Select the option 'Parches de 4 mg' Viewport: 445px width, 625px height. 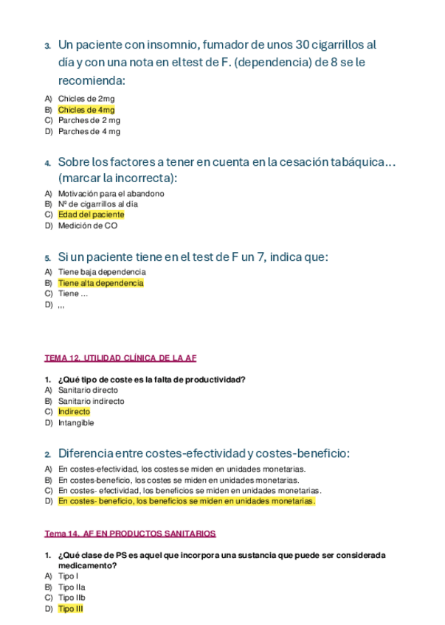pos(89,131)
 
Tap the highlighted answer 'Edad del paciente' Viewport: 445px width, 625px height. pos(91,214)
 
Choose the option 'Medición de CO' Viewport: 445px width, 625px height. pos(87,226)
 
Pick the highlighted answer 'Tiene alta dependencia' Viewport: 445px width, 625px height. pos(100,282)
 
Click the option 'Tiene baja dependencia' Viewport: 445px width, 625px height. pos(101,271)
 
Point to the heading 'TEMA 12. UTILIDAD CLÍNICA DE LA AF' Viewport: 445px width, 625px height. pos(120,358)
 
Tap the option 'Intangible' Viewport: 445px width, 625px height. pos(76,423)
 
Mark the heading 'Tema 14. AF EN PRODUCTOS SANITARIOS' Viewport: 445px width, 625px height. pos(130,533)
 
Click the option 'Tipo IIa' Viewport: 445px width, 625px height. pos(72,587)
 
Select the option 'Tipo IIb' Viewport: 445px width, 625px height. pos(72,598)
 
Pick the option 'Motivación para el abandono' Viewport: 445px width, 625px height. pos(111,193)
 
